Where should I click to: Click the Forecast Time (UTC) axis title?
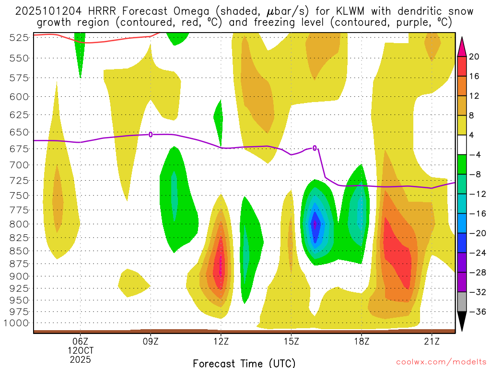(x=244, y=363)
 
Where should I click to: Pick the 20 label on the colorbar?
(x=474, y=57)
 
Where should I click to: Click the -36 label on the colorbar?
(x=476, y=312)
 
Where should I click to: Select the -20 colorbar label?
(x=476, y=233)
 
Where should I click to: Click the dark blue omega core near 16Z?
(x=315, y=224)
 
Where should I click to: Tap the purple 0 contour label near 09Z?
(x=151, y=135)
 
